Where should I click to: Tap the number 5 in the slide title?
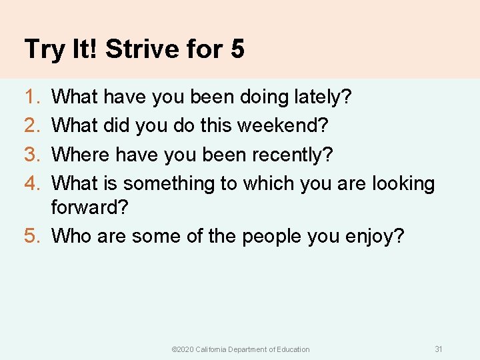237,49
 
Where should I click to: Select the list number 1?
29,97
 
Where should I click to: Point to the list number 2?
30,125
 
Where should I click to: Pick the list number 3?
30,154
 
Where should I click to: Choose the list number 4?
30,183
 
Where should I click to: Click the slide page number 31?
438,349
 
